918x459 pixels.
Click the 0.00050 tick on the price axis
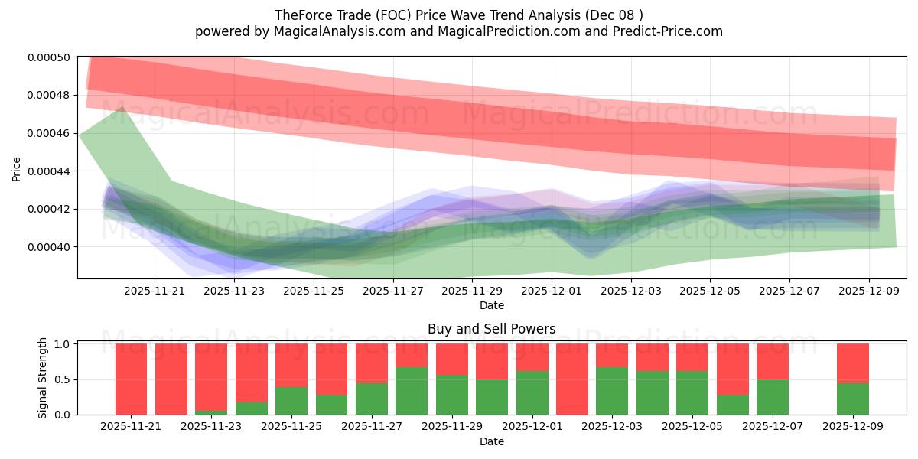(48, 57)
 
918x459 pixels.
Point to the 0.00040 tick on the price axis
(48, 247)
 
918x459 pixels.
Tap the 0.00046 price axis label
(48, 133)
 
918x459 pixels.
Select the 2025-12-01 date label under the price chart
(552, 291)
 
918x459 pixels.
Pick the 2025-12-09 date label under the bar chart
(852, 426)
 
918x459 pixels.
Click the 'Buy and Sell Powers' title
(491, 330)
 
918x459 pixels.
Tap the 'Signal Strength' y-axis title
(43, 378)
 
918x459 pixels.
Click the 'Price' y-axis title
(17, 168)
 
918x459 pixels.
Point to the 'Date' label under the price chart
(491, 305)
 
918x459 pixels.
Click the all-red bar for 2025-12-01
(571, 379)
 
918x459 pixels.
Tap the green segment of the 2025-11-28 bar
(412, 391)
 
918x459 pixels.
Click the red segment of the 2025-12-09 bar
(852, 363)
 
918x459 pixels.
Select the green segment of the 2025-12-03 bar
(611, 391)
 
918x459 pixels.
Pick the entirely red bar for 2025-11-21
(131, 379)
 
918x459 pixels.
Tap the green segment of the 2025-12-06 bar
(732, 405)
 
